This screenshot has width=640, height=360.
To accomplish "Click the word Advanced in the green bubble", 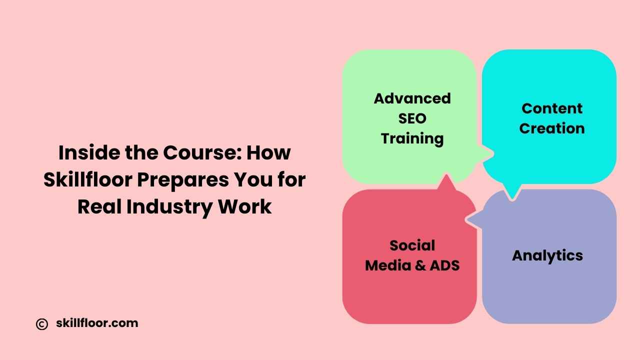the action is pyautogui.click(x=412, y=98).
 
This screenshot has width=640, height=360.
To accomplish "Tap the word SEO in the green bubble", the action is pyautogui.click(x=412, y=118).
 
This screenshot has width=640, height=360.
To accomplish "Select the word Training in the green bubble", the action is pyautogui.click(x=412, y=139).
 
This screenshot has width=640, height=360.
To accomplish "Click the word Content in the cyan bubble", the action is pyautogui.click(x=552, y=108).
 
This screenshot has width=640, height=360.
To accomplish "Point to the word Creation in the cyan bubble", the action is pyautogui.click(x=552, y=128).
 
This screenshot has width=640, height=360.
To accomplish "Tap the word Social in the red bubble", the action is pyautogui.click(x=412, y=245).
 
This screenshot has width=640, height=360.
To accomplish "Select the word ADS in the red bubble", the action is pyautogui.click(x=445, y=265).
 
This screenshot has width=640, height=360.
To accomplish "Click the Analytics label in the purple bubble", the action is pyautogui.click(x=547, y=255).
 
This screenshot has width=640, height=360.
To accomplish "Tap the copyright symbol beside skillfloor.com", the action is pyautogui.click(x=42, y=324).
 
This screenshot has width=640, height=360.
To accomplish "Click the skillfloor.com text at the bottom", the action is pyautogui.click(x=97, y=323).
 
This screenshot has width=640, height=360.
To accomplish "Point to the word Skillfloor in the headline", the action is pyautogui.click(x=88, y=180).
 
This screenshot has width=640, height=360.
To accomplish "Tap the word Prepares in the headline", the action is pyautogui.click(x=183, y=180).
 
